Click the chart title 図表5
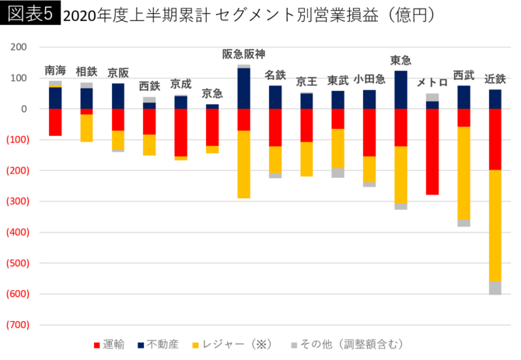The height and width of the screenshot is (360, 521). tap(30, 14)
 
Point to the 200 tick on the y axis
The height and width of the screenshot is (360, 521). tap(18, 47)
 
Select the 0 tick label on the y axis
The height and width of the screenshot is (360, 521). tap(24, 109)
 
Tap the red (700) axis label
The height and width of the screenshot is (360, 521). tap(17, 325)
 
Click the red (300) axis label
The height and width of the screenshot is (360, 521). tap(17, 201)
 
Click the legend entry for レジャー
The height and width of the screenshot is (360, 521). tap(242, 344)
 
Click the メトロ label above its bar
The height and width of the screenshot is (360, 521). tap(432, 82)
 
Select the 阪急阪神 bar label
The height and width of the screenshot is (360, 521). tap(243, 54)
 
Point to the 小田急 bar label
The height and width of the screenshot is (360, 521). tap(369, 79)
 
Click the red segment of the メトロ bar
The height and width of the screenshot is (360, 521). tap(432, 152)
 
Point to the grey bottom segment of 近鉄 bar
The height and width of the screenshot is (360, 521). tap(495, 288)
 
